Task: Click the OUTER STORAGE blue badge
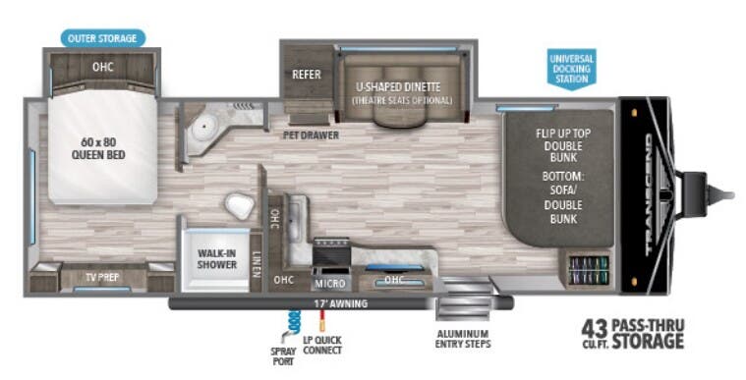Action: pyautogui.click(x=103, y=38)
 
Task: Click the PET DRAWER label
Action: pyautogui.click(x=311, y=135)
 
